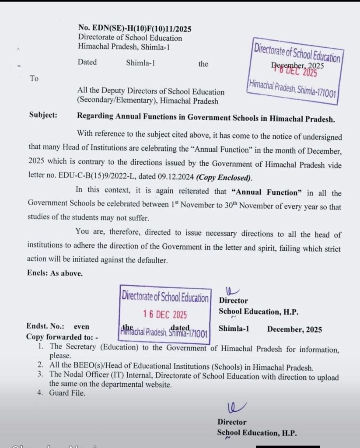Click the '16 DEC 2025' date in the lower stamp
coord(164,315)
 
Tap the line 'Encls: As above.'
coord(54,274)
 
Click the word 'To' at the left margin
coord(34,79)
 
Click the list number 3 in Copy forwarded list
coord(40,377)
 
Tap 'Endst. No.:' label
coord(45,326)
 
